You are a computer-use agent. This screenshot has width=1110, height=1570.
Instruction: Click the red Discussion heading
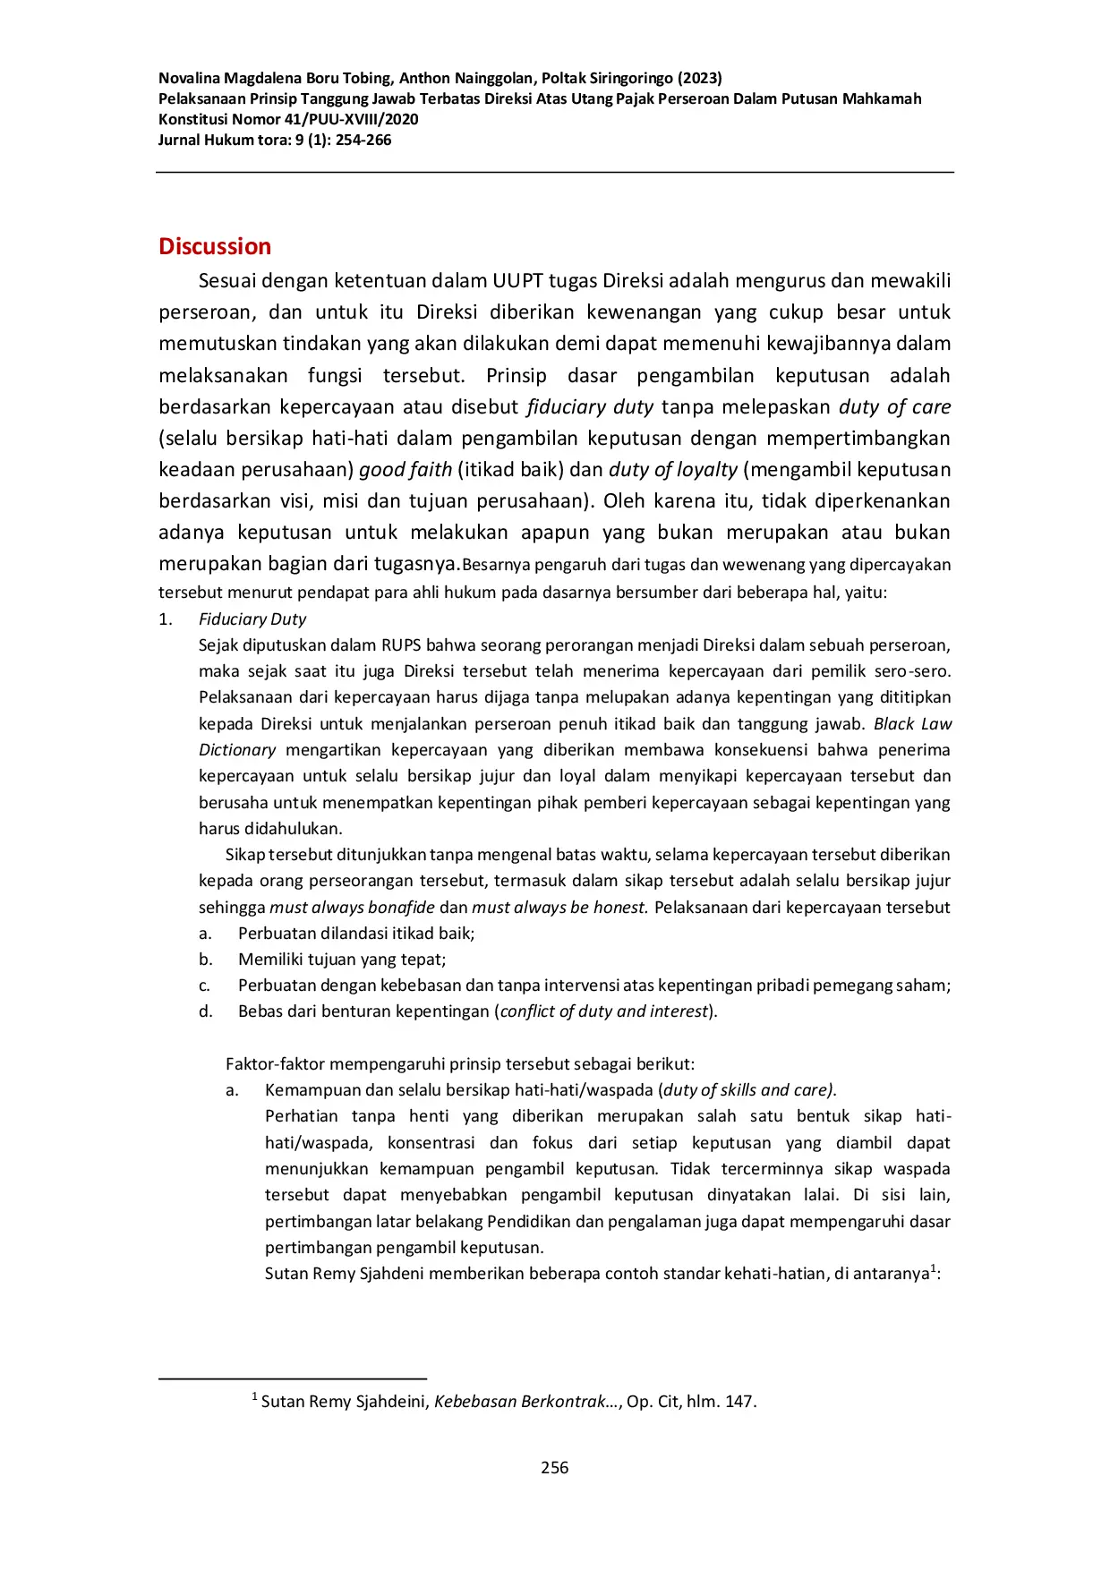pyautogui.click(x=215, y=246)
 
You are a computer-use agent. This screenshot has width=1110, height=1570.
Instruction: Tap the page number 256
pyautogui.click(x=554, y=1467)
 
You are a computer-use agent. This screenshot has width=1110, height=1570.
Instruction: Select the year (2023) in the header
pyautogui.click(x=700, y=78)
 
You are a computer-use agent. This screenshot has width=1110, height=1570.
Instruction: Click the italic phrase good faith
pyautogui.click(x=406, y=470)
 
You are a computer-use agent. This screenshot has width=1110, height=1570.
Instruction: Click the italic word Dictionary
pyautogui.click(x=237, y=750)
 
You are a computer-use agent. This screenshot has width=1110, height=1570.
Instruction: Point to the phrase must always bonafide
pyautogui.click(x=352, y=908)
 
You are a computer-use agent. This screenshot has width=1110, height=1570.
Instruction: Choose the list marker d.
pyautogui.click(x=206, y=1011)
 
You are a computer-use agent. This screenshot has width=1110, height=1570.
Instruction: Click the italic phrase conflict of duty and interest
pyautogui.click(x=604, y=1011)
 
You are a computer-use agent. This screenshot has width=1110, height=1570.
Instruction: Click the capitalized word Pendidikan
pyautogui.click(x=528, y=1222)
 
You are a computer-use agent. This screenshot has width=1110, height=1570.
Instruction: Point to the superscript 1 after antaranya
pyautogui.click(x=934, y=1268)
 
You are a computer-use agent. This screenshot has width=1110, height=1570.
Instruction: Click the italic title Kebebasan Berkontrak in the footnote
pyautogui.click(x=519, y=1402)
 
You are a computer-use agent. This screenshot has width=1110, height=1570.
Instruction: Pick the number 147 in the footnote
pyautogui.click(x=739, y=1402)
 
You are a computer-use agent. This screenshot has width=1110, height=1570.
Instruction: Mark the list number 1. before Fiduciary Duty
pyautogui.click(x=166, y=619)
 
